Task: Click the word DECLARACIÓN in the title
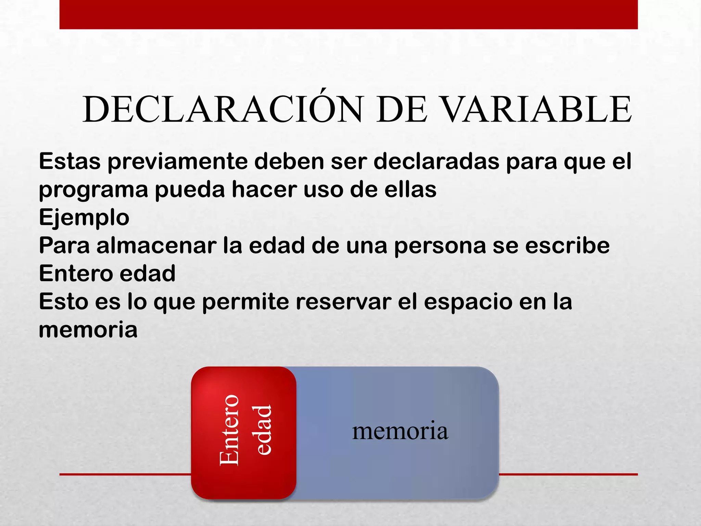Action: pos(222,110)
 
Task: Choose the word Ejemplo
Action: pos(84,218)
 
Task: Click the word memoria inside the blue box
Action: pos(400,431)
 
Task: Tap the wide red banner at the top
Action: pos(348,14)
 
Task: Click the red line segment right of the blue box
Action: pos(568,474)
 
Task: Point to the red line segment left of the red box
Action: pos(125,474)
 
